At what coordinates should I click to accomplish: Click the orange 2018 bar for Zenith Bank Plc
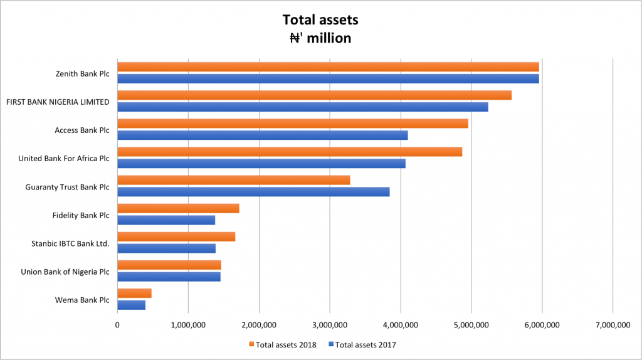[328, 67]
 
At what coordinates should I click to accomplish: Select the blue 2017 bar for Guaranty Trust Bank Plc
[253, 192]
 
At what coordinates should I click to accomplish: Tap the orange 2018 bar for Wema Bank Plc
[134, 293]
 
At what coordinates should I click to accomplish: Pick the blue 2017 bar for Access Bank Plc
[262, 135]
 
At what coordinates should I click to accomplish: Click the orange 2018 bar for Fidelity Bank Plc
[178, 208]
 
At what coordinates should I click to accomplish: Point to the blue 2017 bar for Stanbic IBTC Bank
[166, 248]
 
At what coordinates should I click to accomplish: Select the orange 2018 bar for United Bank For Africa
[290, 152]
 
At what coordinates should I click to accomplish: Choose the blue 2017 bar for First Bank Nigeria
[302, 107]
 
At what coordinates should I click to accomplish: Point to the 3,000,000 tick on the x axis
[330, 324]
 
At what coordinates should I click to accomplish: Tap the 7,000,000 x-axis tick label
[613, 324]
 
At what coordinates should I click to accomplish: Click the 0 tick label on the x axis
[117, 324]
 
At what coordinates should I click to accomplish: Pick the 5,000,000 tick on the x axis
[471, 324]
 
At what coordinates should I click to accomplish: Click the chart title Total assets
[320, 20]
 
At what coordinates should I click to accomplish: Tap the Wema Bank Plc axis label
[82, 300]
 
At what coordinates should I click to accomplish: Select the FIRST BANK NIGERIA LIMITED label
[58, 102]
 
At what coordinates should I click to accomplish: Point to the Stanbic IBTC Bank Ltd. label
[70, 243]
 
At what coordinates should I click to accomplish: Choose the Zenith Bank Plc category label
[82, 73]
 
